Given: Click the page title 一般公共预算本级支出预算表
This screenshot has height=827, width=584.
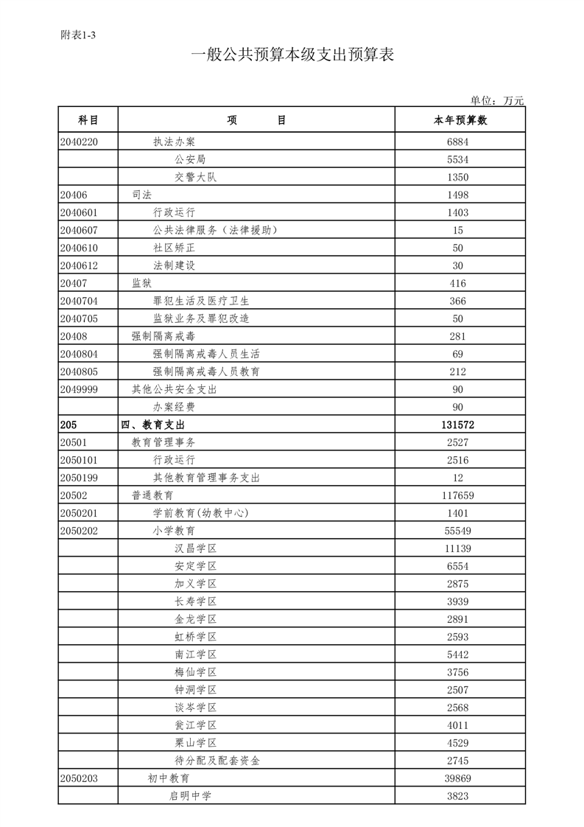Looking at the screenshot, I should point(292,55).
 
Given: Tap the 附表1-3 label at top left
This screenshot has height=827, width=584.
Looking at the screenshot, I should point(78,35).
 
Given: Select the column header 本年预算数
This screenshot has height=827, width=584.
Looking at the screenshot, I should point(460,120).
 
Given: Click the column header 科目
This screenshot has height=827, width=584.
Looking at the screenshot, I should point(88,120).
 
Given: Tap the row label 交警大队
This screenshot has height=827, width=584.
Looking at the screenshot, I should point(196,177).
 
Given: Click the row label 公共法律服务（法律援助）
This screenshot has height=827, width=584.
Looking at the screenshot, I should point(215,230).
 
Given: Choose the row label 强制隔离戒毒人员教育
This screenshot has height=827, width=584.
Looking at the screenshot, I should point(206,371).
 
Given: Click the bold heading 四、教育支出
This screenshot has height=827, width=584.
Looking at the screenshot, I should point(152,425).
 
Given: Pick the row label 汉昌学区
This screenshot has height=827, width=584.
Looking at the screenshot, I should point(196,548).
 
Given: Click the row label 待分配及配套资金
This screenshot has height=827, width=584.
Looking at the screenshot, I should point(217,761).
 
